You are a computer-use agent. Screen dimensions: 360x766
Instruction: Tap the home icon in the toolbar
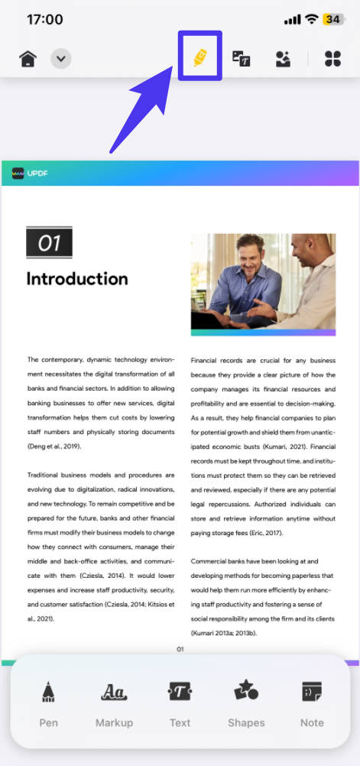(x=28, y=59)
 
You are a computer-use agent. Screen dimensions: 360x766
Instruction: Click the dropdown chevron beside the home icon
(x=61, y=59)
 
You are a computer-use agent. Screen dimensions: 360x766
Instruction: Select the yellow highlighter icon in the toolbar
(x=199, y=57)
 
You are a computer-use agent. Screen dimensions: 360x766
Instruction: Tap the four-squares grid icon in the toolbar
(x=332, y=59)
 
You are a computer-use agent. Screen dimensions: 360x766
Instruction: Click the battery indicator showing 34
(x=333, y=19)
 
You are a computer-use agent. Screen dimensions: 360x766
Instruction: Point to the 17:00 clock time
(x=44, y=19)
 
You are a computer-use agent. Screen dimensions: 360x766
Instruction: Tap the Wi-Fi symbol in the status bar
(x=311, y=19)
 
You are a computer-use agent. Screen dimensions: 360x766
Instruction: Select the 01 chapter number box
(x=49, y=243)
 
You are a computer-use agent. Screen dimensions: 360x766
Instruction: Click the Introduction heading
(x=77, y=279)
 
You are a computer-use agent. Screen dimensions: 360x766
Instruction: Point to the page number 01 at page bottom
(x=180, y=649)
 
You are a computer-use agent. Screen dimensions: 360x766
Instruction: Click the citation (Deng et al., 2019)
(x=54, y=446)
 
